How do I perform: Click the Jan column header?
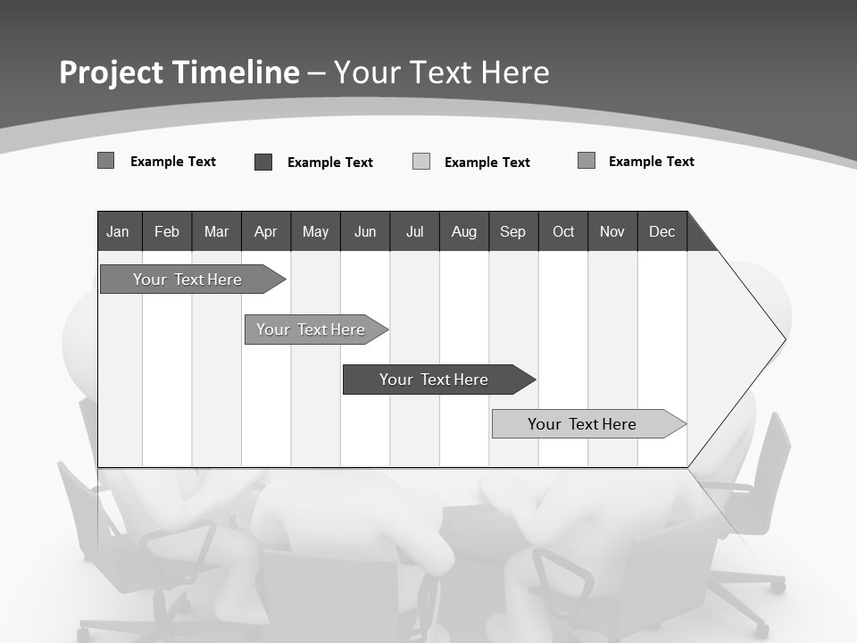[x=119, y=231]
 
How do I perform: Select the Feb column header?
[x=167, y=231]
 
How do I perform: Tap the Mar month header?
[x=216, y=231]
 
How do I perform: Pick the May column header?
[x=315, y=231]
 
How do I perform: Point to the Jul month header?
[x=414, y=231]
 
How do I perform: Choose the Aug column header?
[x=464, y=231]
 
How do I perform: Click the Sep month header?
[x=513, y=231]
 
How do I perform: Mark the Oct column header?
[x=563, y=231]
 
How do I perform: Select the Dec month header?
[x=662, y=231]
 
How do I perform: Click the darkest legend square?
[x=263, y=162]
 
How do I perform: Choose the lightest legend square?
[x=421, y=162]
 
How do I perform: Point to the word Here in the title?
[x=515, y=72]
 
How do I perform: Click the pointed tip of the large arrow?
[x=783, y=339]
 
